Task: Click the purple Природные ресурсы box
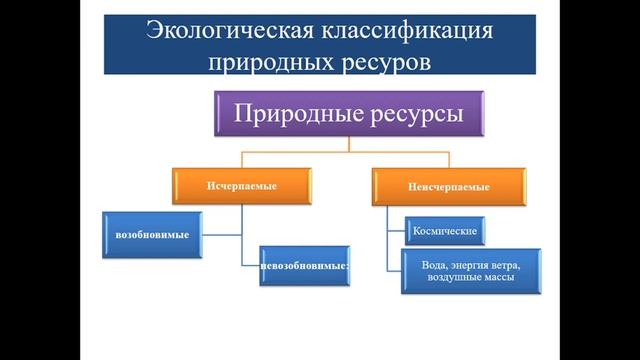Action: (349, 113)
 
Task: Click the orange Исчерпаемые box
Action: (241, 187)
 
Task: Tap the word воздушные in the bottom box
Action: (454, 279)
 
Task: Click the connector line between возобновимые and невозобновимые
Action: (241, 240)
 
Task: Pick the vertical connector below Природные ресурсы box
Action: (349, 145)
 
